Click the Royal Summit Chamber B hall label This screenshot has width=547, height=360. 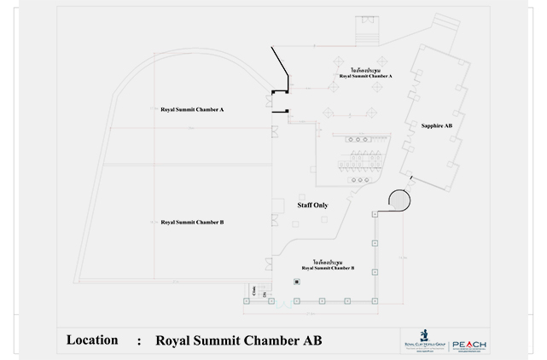(192, 222)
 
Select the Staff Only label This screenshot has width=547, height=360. (312, 205)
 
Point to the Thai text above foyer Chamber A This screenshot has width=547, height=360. (365, 70)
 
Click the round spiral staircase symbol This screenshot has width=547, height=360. (399, 200)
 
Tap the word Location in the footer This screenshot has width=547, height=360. (92, 340)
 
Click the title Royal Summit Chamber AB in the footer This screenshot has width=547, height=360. (240, 340)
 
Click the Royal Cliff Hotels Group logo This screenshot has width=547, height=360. (424, 337)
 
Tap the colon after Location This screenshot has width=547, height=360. (138, 341)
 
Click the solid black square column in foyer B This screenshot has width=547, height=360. (296, 282)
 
